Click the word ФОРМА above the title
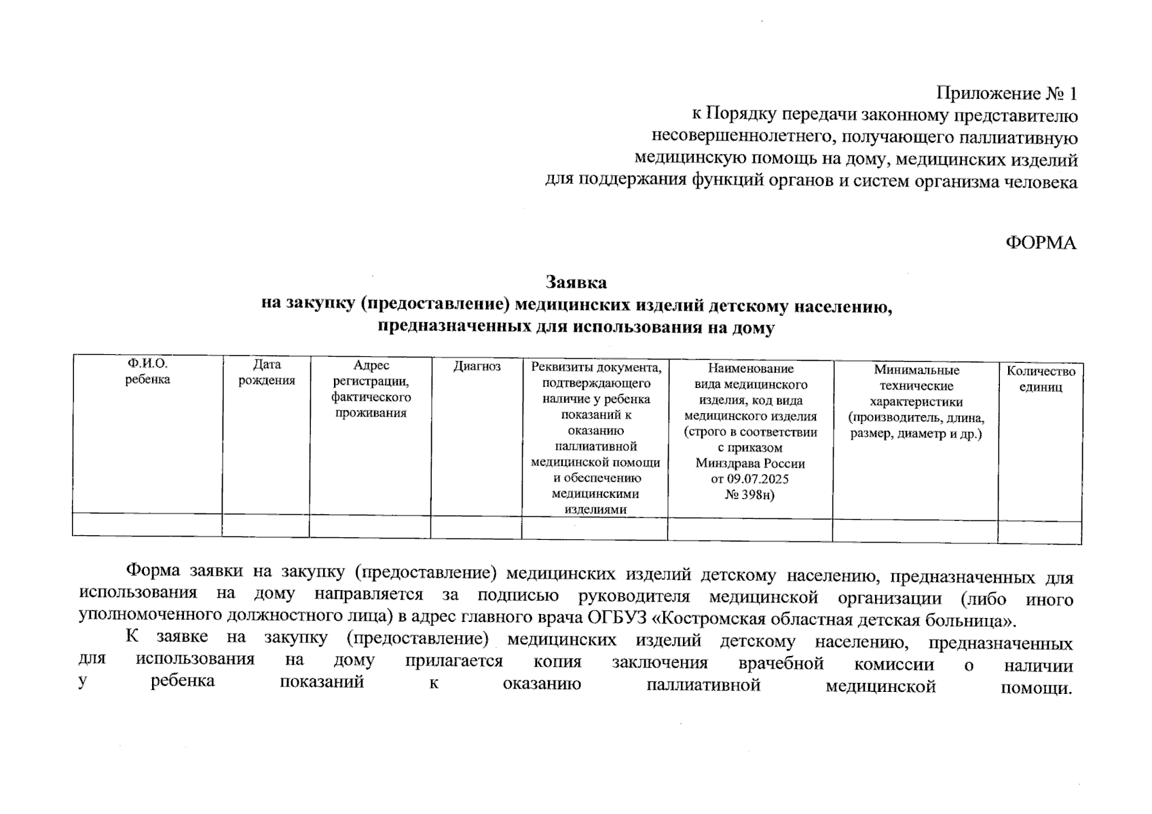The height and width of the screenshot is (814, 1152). point(1040,244)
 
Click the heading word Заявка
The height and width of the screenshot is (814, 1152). point(576,282)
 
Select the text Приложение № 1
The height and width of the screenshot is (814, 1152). point(1007,93)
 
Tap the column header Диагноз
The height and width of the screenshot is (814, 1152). point(477,367)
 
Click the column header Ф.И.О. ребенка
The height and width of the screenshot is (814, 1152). point(147,372)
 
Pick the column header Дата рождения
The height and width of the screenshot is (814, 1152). point(266,372)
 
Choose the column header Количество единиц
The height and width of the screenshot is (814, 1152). point(1040,379)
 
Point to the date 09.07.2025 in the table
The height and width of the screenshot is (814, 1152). point(757,479)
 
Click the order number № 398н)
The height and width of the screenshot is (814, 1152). point(749,495)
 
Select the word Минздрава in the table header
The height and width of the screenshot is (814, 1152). point(725,463)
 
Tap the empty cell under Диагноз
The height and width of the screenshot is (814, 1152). point(476,527)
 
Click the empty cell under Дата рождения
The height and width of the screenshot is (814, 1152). point(265,525)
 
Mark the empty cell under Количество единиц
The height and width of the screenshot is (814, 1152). point(1039,532)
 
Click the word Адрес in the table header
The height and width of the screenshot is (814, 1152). point(371,366)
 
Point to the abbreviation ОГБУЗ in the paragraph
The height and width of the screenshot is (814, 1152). point(620,619)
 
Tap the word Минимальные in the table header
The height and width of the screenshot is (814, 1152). point(916,370)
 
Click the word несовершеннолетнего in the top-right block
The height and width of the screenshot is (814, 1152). point(743,137)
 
